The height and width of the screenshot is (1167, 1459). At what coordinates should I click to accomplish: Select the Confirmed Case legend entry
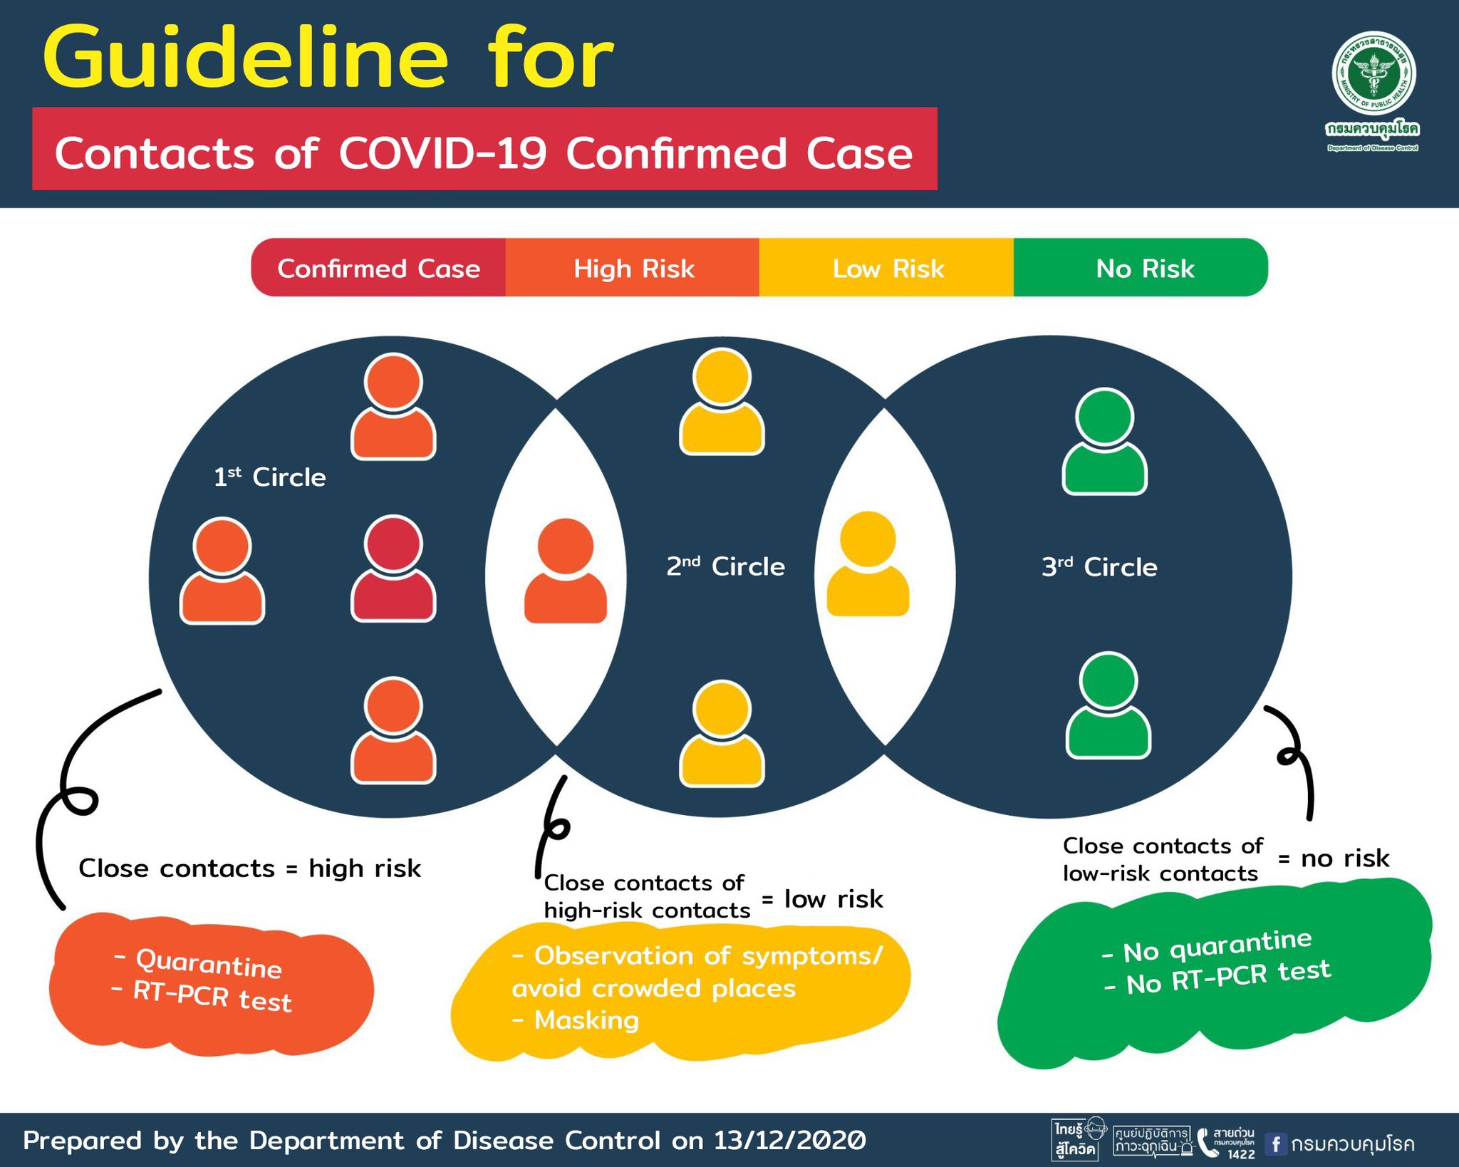pos(378,269)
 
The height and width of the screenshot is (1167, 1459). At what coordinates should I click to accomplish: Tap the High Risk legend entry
pos(633,269)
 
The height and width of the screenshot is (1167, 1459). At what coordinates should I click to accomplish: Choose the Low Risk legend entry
pos(888,269)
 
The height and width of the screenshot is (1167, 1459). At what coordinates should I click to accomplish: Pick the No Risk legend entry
pos(1144,269)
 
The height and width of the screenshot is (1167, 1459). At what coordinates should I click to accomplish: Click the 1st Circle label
pos(269,477)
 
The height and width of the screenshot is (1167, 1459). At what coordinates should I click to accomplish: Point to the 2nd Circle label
pos(725,566)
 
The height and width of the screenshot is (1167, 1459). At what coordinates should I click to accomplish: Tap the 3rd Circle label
pos(1099,567)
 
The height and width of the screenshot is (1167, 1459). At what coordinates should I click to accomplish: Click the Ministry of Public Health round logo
pos(1374,74)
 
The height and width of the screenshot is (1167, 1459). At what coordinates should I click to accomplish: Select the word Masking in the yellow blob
pos(586,1020)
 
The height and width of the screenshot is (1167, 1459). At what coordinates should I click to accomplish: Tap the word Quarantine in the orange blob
pos(209,963)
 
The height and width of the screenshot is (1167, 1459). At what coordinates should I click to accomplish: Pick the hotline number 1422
pos(1241,1154)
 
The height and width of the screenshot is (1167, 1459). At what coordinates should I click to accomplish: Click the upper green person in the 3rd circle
pos(1104,442)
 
